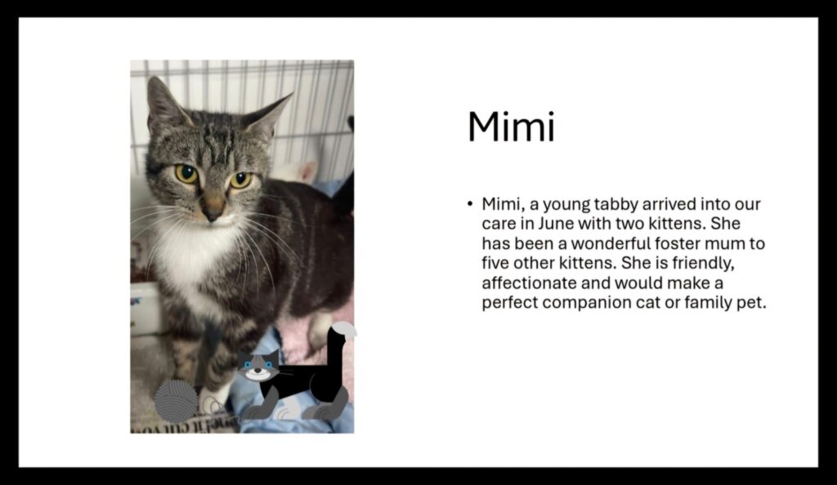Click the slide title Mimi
click(511, 127)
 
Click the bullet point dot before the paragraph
click(470, 204)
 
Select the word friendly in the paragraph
click(703, 263)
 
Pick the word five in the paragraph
click(495, 263)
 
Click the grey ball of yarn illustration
click(176, 402)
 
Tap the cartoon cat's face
click(258, 366)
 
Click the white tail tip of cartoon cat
click(345, 328)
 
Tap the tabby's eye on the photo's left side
click(186, 173)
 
